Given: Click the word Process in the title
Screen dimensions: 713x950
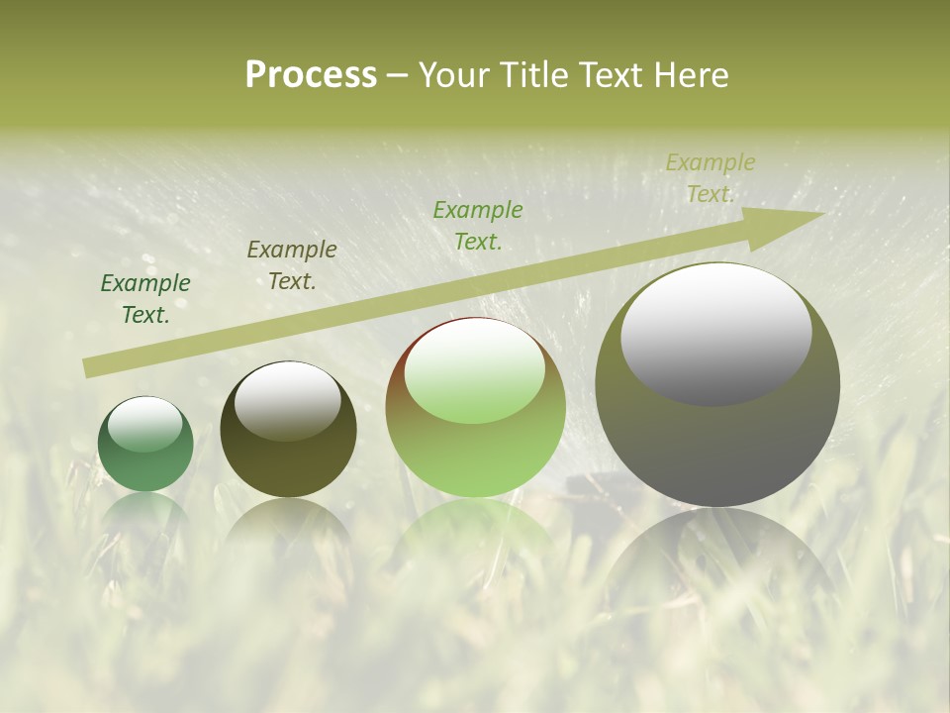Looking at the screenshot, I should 311,75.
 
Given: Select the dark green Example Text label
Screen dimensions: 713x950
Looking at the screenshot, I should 145,298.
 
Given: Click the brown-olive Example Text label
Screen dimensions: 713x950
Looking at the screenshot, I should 291,264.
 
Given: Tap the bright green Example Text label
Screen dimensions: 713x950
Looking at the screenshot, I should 478,225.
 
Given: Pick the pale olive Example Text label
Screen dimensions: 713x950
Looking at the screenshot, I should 710,177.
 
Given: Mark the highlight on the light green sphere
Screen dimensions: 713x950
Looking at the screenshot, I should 474,371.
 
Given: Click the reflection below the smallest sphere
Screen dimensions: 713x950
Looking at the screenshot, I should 145,515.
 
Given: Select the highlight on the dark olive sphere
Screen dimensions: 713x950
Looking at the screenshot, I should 287,400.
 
